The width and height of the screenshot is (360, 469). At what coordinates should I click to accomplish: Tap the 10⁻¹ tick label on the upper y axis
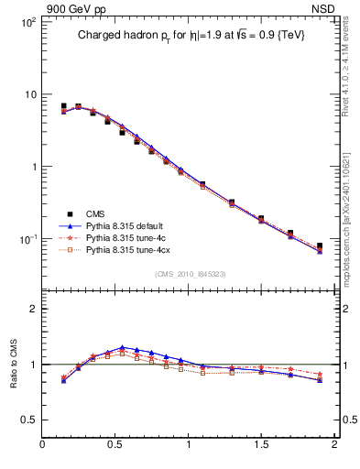point(27,239)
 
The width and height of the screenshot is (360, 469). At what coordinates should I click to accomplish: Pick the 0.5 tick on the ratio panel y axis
point(28,420)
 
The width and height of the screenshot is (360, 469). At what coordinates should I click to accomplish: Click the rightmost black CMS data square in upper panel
point(320,245)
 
